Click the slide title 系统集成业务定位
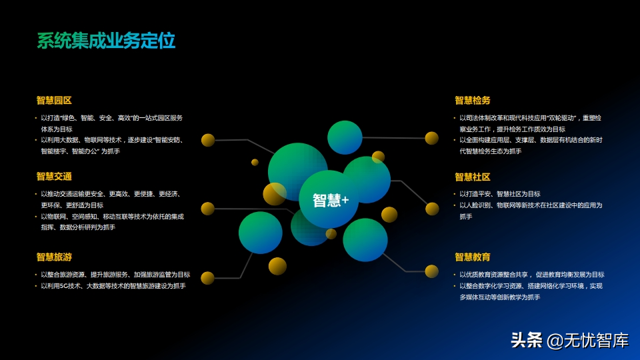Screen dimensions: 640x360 tap(106, 41)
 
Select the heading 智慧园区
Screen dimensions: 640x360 tap(54, 101)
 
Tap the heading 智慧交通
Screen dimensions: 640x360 tap(54, 176)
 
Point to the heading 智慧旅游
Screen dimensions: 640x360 tap(54, 257)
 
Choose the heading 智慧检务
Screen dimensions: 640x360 tap(473, 101)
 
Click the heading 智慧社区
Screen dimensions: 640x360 tap(473, 177)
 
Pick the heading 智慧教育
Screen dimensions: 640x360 tap(473, 257)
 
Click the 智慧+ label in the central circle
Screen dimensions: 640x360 tap(331, 201)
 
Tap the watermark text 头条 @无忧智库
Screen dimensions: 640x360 tap(570, 341)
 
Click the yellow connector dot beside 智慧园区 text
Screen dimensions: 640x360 tap(208, 140)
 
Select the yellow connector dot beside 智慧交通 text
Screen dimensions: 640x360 tap(208, 209)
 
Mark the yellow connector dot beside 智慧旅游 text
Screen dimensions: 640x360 tap(207, 278)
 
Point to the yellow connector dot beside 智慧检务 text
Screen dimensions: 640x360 tap(431, 138)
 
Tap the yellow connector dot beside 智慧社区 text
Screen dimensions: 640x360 tap(432, 209)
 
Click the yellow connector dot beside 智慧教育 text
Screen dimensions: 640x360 tap(431, 271)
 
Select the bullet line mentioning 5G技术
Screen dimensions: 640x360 tap(113, 286)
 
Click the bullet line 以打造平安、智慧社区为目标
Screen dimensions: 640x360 tap(500, 194)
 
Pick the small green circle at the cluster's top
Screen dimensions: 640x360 tap(345, 137)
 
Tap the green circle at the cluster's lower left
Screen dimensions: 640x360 tap(261, 233)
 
